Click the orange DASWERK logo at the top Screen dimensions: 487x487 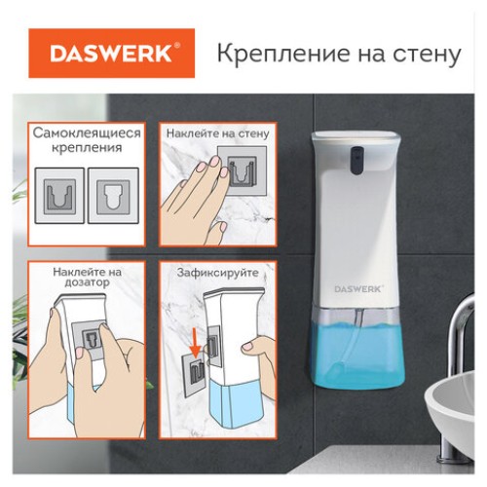pos(111,54)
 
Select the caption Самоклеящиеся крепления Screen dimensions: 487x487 pos(86,139)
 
